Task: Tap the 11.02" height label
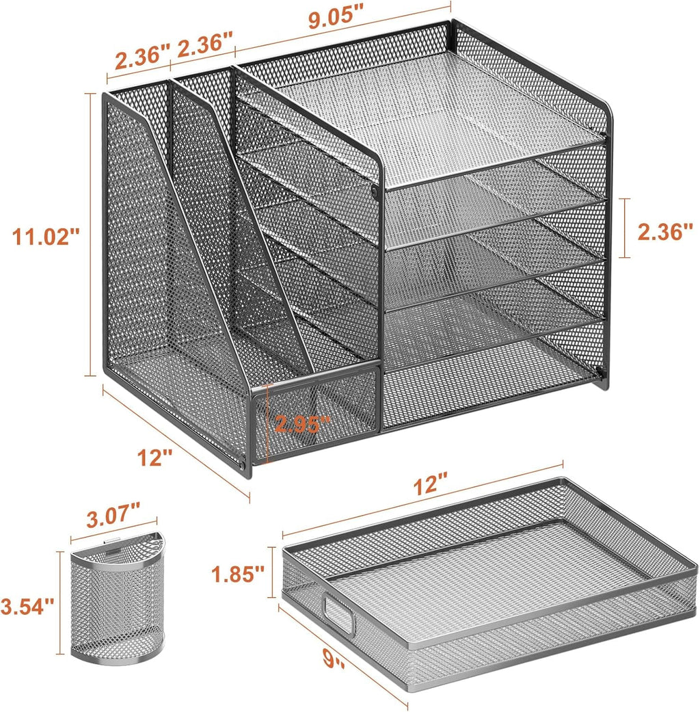[47, 237]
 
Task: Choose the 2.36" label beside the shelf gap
[664, 232]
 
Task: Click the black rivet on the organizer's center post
[374, 194]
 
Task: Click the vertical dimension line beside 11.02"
[90, 235]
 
